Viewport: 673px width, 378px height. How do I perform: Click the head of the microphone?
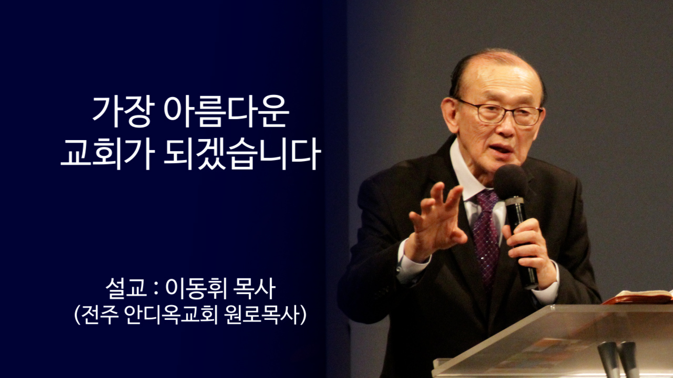510,182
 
